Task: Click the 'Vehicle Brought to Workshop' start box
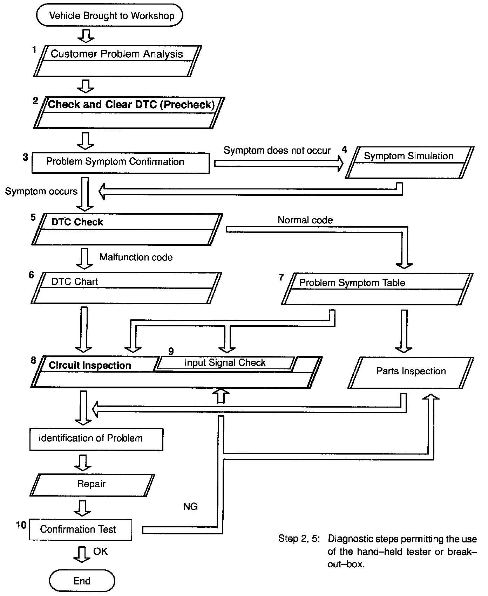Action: tap(110, 16)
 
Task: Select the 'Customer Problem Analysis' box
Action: tap(117, 61)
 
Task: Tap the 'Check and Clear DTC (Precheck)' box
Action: tap(129, 112)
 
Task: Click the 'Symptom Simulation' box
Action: tap(409, 162)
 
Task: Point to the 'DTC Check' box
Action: tap(127, 229)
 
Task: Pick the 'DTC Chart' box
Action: tap(126, 288)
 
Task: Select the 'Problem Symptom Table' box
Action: tap(377, 289)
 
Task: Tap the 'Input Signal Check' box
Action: tap(225, 363)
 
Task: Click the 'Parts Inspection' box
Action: tap(411, 372)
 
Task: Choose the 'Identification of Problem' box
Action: tap(96, 438)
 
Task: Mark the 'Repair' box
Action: tap(92, 484)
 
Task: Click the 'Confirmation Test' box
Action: tap(80, 529)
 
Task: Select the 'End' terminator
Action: tap(82, 581)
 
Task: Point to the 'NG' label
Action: tap(190, 506)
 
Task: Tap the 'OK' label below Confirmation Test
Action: tap(100, 552)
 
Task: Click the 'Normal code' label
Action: tap(305, 220)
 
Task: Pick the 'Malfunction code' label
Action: tap(136, 257)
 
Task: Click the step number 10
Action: tap(21, 525)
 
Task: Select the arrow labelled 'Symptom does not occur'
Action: tap(279, 164)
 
